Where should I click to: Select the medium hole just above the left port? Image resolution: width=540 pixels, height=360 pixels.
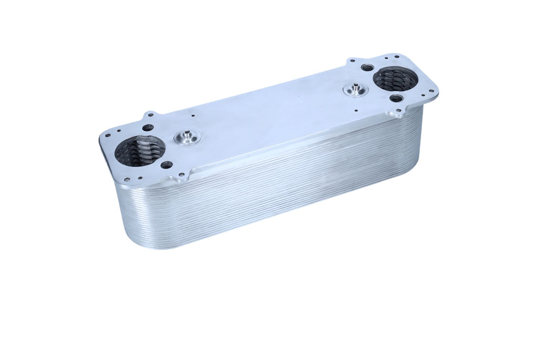point(148,127)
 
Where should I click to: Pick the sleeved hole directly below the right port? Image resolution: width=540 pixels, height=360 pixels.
point(396,98)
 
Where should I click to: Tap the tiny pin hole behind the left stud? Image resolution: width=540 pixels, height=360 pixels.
point(193,116)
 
